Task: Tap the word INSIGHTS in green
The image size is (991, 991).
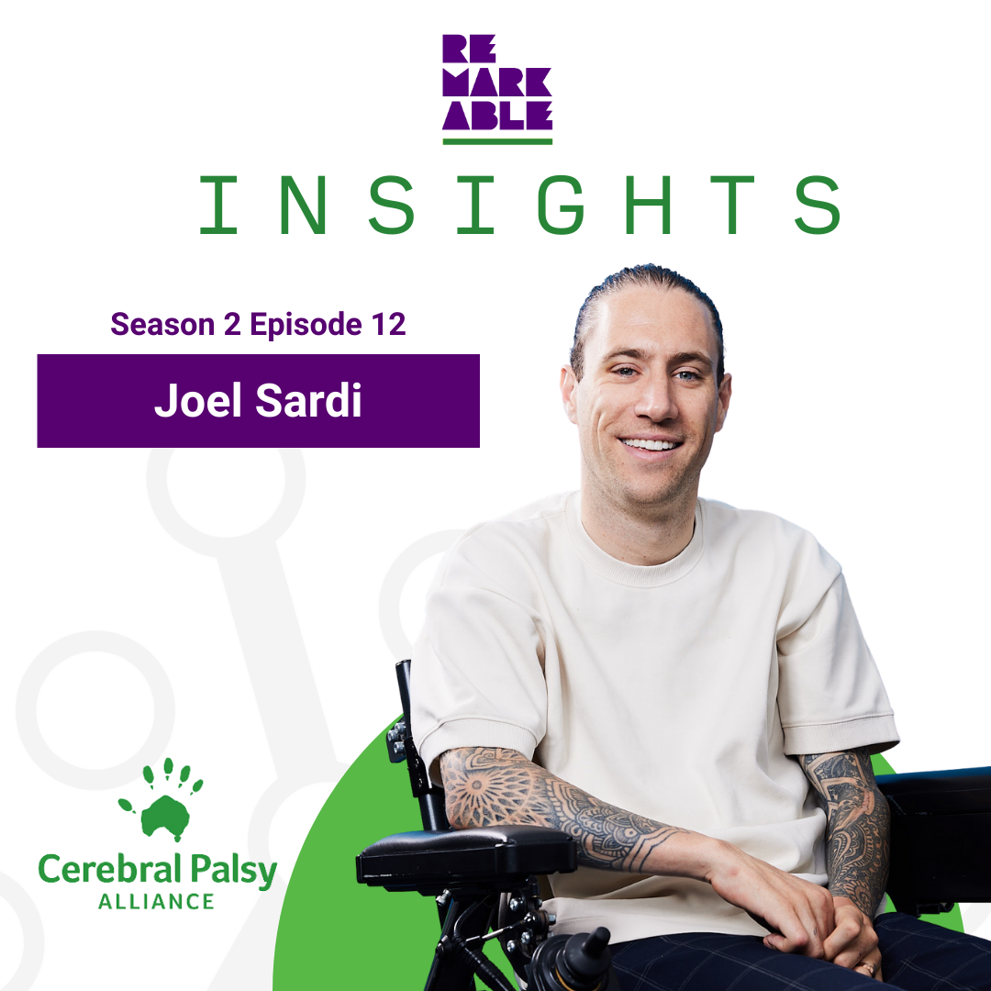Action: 519,205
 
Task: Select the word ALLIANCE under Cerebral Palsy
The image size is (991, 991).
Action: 156,901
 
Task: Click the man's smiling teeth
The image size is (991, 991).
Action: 650,444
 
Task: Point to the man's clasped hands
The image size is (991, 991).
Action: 807,927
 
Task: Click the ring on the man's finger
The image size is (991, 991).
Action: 866,967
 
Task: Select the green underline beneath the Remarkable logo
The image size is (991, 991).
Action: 497,141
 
